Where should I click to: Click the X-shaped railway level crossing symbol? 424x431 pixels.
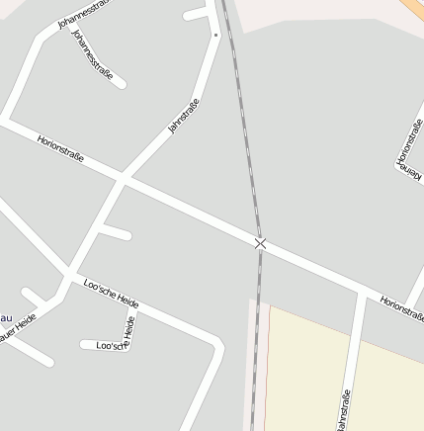260,243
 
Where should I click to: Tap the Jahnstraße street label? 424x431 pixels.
184,117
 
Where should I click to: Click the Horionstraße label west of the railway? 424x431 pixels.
60,148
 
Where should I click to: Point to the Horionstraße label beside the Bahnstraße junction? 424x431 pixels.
401,307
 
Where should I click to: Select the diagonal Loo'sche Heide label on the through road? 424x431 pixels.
111,293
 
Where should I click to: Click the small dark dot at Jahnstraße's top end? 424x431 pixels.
215,35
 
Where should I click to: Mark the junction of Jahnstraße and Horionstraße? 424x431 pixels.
122,179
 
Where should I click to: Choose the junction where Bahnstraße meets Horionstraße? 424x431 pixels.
362,293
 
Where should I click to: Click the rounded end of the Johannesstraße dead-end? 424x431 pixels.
121,83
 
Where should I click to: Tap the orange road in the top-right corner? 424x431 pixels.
414,8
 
